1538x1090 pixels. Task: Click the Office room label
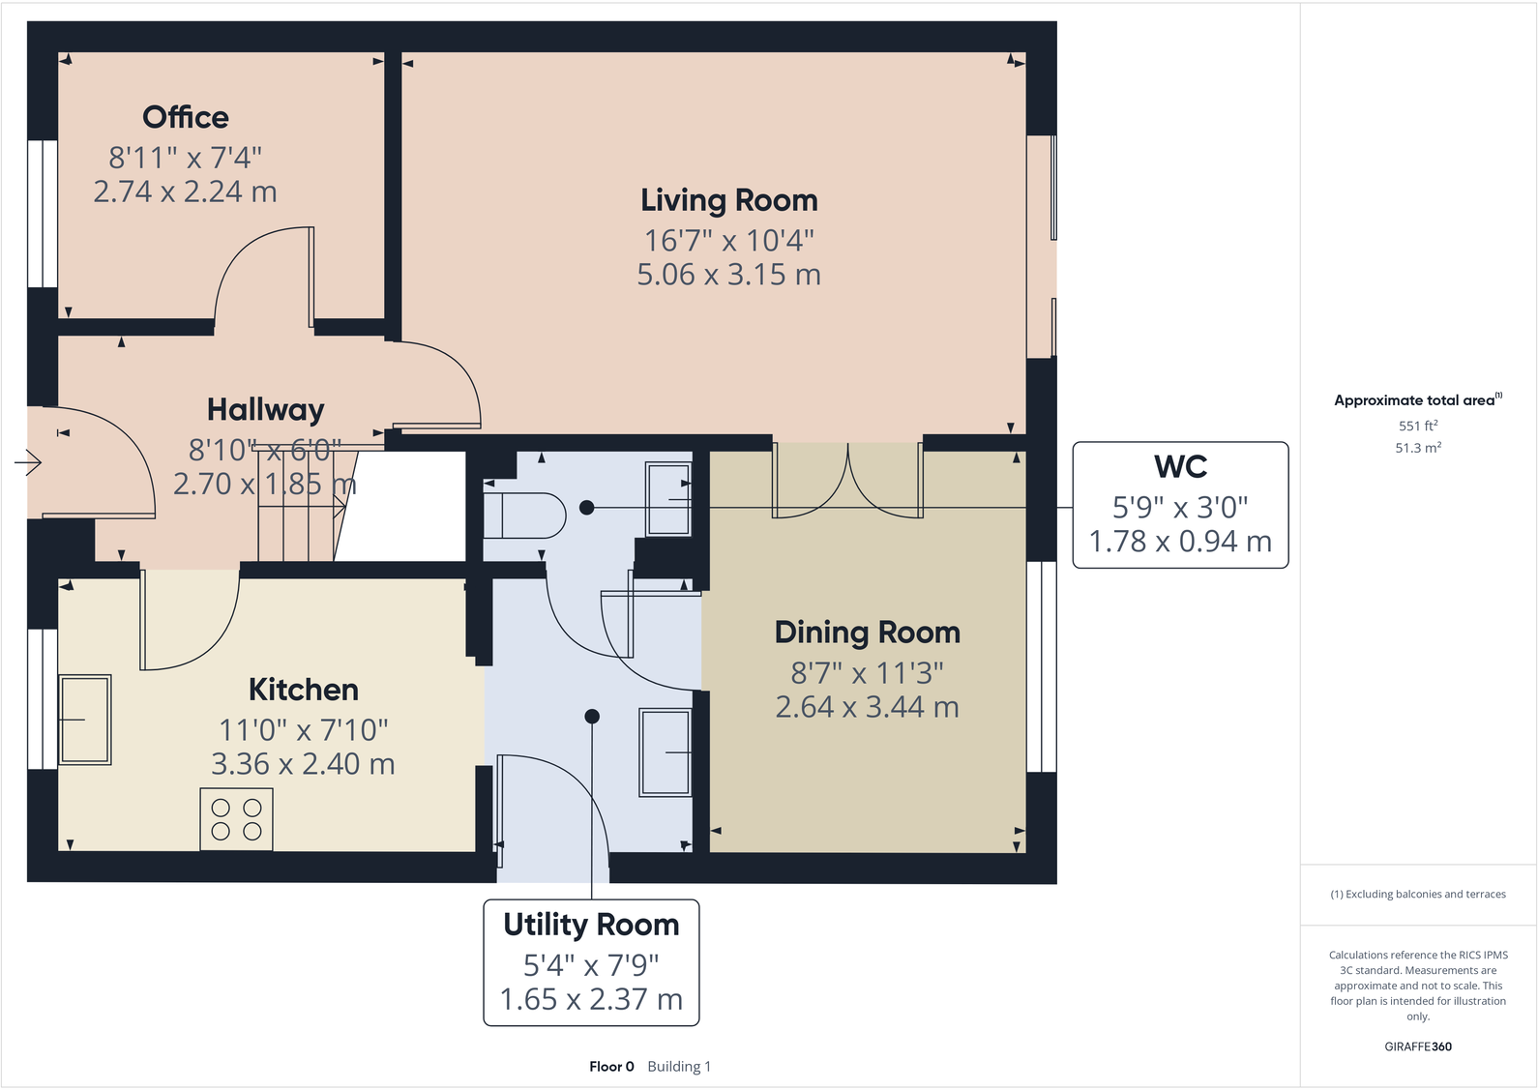pos(186,117)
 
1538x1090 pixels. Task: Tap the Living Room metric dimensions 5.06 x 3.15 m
pos(728,275)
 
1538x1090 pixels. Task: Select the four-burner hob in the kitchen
pos(237,819)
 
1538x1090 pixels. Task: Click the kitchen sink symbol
pos(85,720)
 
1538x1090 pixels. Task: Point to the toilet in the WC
pos(524,516)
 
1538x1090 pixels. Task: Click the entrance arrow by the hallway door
pos(28,463)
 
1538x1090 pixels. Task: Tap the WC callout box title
pos(1180,467)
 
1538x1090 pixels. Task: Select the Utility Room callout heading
pos(591,925)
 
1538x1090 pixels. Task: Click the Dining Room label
pos(867,633)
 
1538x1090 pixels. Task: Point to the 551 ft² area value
pos(1418,426)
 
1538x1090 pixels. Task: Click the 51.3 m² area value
pos(1418,448)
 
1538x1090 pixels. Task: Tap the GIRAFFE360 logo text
pos(1418,1046)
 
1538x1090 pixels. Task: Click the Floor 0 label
pos(611,1067)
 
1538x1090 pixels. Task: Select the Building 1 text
pos(679,1067)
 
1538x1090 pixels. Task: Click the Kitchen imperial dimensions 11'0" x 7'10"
pos(303,729)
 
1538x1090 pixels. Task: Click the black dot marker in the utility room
pos(592,717)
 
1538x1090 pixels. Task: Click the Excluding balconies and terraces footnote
pos(1418,895)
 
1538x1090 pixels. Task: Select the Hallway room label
pos(265,410)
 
